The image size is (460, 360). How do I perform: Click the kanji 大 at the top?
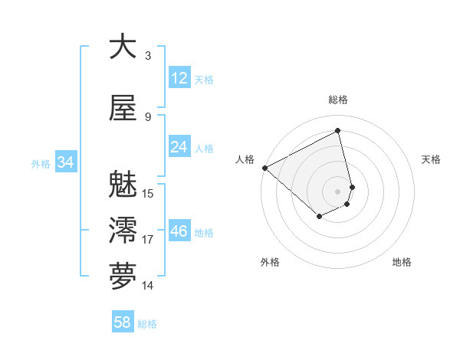(123, 47)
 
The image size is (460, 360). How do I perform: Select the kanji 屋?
(123, 109)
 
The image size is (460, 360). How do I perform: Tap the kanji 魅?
(123, 186)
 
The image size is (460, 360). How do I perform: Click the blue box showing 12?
(179, 78)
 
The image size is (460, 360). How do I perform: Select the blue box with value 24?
(179, 147)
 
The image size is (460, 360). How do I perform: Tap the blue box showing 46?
(179, 231)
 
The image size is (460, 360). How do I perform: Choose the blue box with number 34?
(65, 162)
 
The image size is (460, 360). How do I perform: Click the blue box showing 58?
(123, 322)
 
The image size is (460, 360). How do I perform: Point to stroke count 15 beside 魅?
(148, 194)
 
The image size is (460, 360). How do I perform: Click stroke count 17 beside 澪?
(148, 240)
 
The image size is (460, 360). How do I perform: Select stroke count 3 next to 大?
(148, 55)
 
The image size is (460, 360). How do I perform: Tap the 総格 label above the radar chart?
(338, 100)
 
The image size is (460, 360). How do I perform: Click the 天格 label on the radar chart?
(432, 159)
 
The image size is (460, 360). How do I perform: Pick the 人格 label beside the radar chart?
(245, 159)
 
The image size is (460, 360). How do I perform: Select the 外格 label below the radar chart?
(270, 262)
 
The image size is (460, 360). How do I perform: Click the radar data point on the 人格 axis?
(264, 168)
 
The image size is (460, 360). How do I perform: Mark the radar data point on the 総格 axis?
(338, 131)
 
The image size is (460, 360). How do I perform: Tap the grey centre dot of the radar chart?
(338, 191)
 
